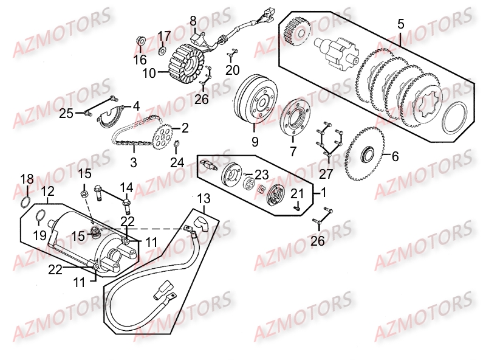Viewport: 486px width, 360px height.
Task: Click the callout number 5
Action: (401, 24)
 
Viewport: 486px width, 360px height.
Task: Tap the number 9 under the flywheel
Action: (255, 142)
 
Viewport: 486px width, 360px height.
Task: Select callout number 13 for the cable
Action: (204, 199)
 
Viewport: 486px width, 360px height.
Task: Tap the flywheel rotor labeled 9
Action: (256, 100)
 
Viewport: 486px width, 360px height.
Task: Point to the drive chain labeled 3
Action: (131, 145)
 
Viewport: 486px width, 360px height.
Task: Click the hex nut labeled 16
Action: (139, 42)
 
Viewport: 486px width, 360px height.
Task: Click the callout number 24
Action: (177, 162)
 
